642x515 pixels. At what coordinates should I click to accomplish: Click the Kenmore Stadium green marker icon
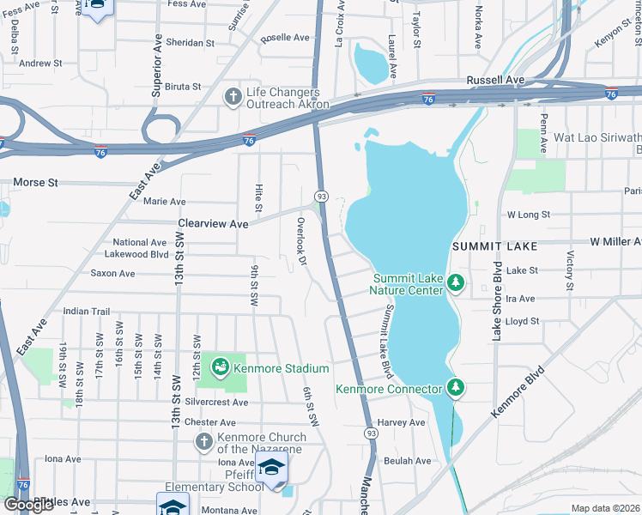pyautogui.click(x=220, y=367)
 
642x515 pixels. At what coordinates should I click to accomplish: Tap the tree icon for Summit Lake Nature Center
pyautogui.click(x=457, y=282)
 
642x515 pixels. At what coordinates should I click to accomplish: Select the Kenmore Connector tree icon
pyautogui.click(x=455, y=388)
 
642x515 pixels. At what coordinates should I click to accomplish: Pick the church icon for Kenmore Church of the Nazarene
pyautogui.click(x=203, y=442)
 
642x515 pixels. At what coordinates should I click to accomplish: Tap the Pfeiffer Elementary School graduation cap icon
pyautogui.click(x=272, y=468)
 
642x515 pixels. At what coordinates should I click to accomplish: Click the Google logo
pyautogui.click(x=29, y=505)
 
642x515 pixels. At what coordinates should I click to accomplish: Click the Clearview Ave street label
pyautogui.click(x=213, y=223)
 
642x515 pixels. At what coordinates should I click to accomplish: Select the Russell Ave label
pyautogui.click(x=495, y=80)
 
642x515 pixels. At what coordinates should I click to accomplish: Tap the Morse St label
pyautogui.click(x=35, y=183)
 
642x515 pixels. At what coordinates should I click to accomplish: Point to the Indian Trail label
pyautogui.click(x=87, y=312)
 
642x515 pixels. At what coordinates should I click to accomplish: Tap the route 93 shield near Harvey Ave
pyautogui.click(x=370, y=433)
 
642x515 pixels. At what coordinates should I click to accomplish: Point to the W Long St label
pyautogui.click(x=529, y=214)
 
